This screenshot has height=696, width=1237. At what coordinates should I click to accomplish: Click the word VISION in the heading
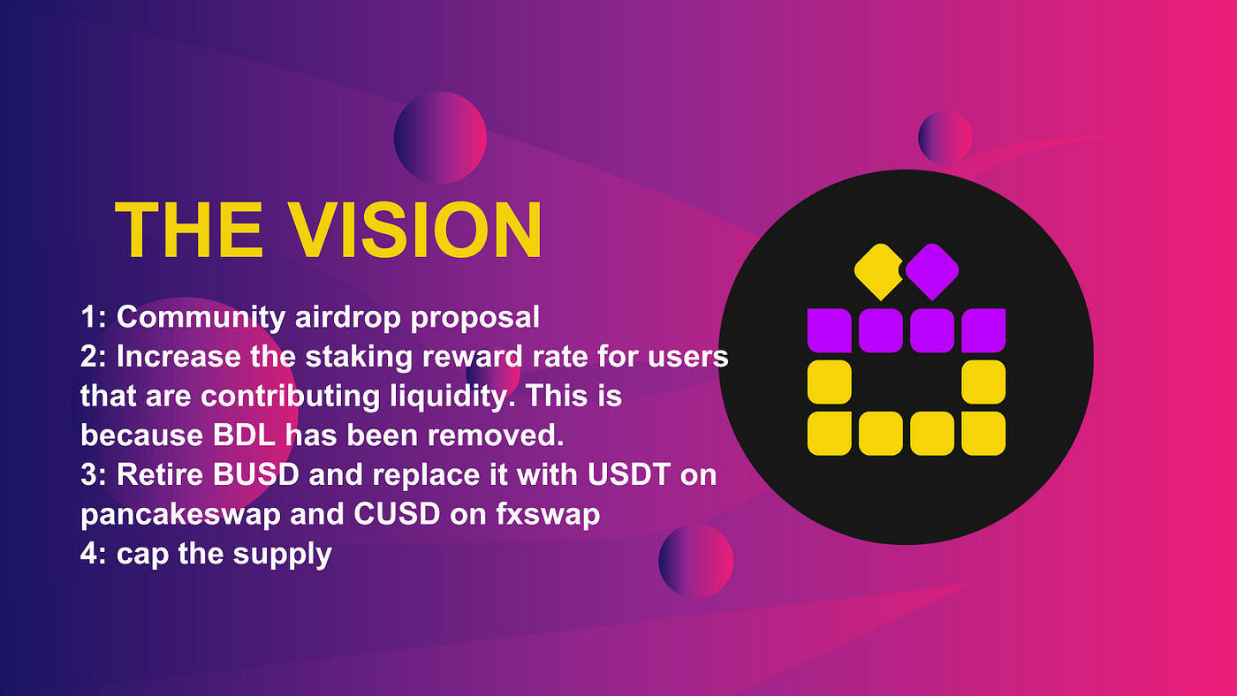[x=415, y=230]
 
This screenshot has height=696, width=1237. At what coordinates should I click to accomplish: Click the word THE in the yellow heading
[x=188, y=230]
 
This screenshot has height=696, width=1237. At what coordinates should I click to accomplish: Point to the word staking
[x=359, y=358]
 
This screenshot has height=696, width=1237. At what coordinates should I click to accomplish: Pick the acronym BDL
[x=244, y=435]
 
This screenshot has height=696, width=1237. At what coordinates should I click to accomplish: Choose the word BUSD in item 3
[x=256, y=474]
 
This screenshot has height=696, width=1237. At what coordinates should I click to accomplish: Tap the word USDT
[x=629, y=474]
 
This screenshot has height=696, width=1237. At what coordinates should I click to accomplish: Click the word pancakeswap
[x=180, y=515]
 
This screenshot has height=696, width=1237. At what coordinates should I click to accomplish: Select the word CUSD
[x=397, y=514]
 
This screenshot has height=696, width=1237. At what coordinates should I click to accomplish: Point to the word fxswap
[x=548, y=515]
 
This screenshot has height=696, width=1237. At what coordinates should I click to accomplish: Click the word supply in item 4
[x=282, y=555]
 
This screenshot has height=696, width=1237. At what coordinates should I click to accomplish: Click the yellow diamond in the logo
[x=879, y=271]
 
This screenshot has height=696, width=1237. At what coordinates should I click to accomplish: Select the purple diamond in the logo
[x=932, y=271]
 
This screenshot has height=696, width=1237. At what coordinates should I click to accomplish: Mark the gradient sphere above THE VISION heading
[x=440, y=138]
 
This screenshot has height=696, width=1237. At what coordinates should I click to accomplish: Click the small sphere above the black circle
[x=945, y=138]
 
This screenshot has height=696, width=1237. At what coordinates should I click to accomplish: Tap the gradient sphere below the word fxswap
[x=696, y=562]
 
